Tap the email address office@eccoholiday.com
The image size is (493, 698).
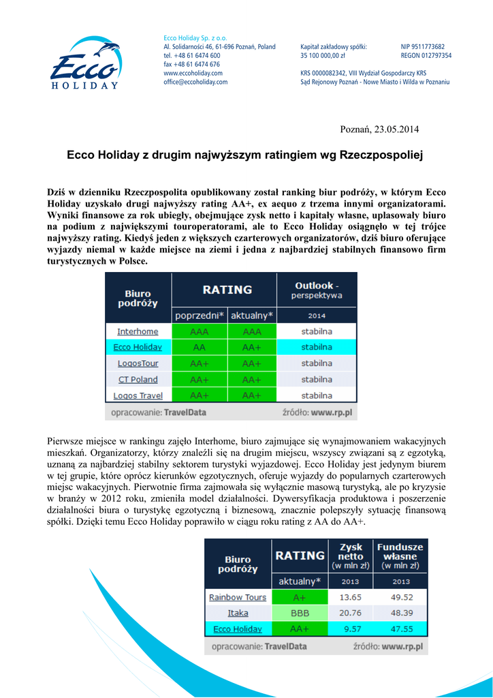pyautogui.click(x=195, y=82)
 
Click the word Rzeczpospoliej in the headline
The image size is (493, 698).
pyautogui.click(x=381, y=155)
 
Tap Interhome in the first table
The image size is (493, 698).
pyautogui.click(x=138, y=331)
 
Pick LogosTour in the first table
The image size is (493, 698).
pyautogui.click(x=138, y=363)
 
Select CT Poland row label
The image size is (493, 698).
pyautogui.click(x=138, y=380)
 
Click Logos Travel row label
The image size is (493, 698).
pyautogui.click(x=138, y=395)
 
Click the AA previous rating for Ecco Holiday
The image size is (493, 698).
pyautogui.click(x=199, y=348)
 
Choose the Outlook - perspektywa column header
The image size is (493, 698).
pyautogui.click(x=317, y=290)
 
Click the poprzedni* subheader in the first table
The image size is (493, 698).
pyautogui.click(x=199, y=316)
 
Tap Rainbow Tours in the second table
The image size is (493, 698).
pyautogui.click(x=238, y=597)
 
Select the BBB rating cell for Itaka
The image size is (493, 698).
pyautogui.click(x=300, y=613)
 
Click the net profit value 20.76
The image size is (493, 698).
pyautogui.click(x=349, y=613)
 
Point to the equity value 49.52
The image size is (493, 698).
pyautogui.click(x=401, y=597)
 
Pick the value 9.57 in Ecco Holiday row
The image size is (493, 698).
pyautogui.click(x=349, y=629)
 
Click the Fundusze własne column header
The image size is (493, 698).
pyautogui.click(x=400, y=556)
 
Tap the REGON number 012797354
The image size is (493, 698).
pyautogui.click(x=426, y=55)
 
